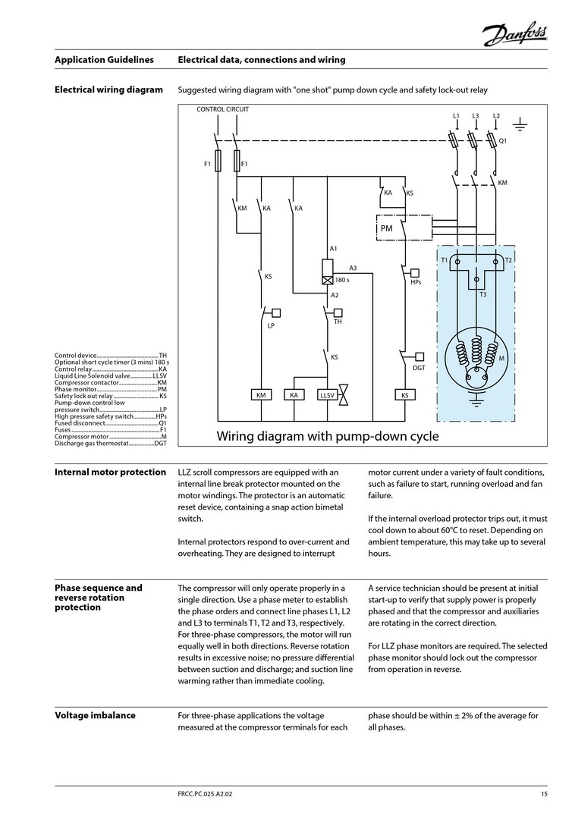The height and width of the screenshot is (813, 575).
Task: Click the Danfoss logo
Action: (514, 34)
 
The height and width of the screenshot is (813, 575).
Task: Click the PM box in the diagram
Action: (387, 228)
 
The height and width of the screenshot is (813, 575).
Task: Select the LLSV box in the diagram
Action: (327, 395)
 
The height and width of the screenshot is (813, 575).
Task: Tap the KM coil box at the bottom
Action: (261, 395)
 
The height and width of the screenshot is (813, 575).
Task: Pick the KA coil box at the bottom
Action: (294, 395)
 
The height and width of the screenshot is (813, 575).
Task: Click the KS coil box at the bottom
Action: (404, 395)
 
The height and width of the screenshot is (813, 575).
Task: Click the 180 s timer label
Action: (342, 280)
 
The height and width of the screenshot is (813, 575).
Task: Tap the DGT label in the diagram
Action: (419, 368)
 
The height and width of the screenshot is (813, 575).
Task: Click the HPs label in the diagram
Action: (416, 282)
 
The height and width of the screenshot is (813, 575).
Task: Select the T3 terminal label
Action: (482, 293)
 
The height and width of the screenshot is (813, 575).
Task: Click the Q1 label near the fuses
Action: (502, 141)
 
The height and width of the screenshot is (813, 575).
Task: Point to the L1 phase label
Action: (456, 116)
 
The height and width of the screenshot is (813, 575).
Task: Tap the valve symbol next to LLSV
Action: (343, 394)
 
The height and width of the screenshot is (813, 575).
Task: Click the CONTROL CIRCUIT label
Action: (222, 109)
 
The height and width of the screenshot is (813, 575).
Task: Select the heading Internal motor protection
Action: (110, 472)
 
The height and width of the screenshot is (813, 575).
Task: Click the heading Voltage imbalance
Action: (95, 715)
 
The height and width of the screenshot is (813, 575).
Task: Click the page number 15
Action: (544, 794)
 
